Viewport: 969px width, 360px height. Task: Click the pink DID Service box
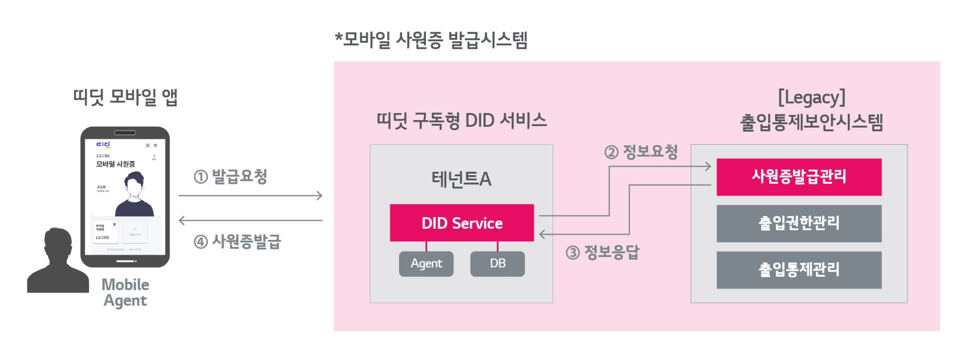[461, 223]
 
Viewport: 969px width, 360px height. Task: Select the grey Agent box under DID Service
[426, 264]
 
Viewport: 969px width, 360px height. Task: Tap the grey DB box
[497, 264]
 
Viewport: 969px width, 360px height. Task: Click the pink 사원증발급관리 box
[798, 177]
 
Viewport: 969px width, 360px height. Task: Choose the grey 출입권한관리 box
[798, 223]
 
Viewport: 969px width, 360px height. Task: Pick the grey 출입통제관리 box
[798, 270]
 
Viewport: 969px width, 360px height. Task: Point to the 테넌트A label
[461, 179]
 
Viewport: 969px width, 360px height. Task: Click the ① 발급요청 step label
[231, 176]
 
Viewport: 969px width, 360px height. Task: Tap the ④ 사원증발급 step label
[237, 241]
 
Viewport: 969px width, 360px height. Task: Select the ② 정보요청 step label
[641, 151]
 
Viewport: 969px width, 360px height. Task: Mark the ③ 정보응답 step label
[603, 252]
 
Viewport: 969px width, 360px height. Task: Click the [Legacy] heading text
[811, 97]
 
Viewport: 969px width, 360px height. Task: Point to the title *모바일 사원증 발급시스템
[431, 39]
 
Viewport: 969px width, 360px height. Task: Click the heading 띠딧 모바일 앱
[125, 96]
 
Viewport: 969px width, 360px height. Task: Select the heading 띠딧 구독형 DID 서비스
[461, 121]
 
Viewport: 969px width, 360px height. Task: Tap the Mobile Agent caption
[125, 292]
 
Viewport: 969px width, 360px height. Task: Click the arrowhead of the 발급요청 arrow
[319, 195]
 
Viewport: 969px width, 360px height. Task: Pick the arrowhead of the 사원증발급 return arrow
[182, 220]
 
